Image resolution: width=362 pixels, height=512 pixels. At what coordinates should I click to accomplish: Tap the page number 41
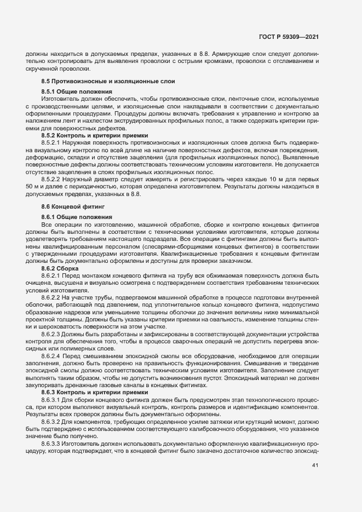tap(315, 466)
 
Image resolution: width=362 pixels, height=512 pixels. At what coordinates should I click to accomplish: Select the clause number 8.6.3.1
tap(53, 400)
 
